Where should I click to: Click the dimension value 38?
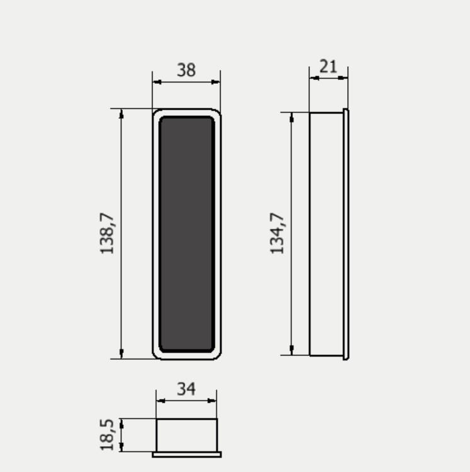click(186, 70)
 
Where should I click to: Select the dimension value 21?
click(328, 67)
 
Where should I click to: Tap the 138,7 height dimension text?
click(107, 234)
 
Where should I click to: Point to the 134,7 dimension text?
click(277, 234)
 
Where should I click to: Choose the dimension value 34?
click(186, 389)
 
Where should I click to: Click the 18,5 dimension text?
click(107, 435)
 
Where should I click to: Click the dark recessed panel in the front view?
click(187, 234)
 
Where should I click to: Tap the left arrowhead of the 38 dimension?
click(157, 82)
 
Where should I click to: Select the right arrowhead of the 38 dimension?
click(215, 82)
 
